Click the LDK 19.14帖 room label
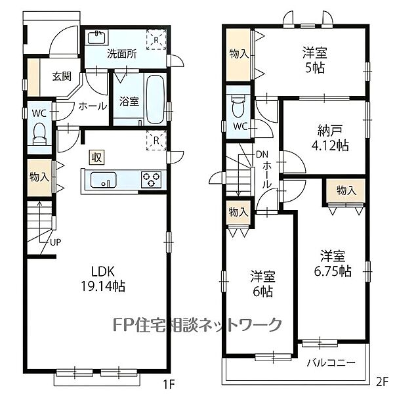click(103, 279)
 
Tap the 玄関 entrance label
click(62, 76)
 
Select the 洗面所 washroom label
click(122, 54)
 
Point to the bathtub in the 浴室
click(155, 100)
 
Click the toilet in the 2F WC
click(238, 105)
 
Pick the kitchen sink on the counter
click(103, 180)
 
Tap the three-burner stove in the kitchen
click(151, 179)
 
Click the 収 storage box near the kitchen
click(96, 158)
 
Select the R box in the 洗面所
click(156, 39)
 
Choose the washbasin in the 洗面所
click(97, 38)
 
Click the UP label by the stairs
click(55, 242)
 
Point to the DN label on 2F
click(262, 154)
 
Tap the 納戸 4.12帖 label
click(330, 138)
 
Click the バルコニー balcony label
click(331, 362)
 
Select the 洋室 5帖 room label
click(315, 60)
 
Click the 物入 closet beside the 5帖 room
click(239, 55)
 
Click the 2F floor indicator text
click(382, 382)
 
